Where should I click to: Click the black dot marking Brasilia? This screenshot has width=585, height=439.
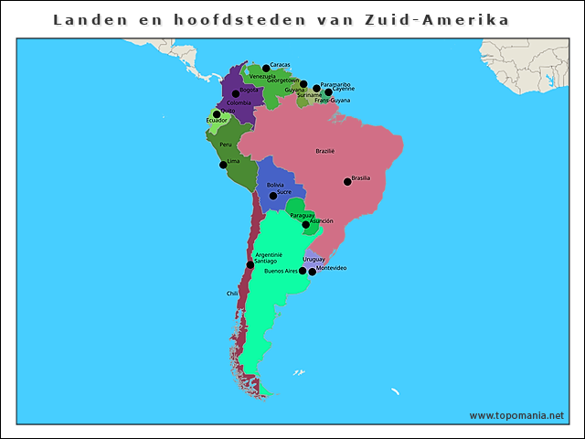[347, 181]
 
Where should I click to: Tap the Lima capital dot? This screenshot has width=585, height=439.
[223, 165]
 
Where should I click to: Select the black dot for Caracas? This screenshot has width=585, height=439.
[266, 68]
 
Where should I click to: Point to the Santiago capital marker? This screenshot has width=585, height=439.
[250, 264]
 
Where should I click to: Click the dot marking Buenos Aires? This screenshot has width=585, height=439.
[303, 271]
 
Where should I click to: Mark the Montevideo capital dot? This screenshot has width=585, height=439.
[313, 271]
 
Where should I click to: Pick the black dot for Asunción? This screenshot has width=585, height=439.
[306, 224]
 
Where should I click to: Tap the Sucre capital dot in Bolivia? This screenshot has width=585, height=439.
[272, 196]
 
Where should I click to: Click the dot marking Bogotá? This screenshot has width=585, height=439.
[236, 93]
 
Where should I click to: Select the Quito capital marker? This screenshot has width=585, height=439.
[217, 114]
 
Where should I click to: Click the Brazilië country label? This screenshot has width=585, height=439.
[324, 151]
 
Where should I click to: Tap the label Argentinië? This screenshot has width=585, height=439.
[269, 254]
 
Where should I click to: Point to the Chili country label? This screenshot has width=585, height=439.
[232, 294]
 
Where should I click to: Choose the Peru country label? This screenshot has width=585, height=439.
[226, 145]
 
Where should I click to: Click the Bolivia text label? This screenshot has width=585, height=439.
[275, 186]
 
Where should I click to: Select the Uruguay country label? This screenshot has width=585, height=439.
[314, 260]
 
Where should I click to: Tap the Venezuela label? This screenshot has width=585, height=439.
[262, 76]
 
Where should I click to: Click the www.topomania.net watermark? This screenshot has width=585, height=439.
[516, 415]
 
